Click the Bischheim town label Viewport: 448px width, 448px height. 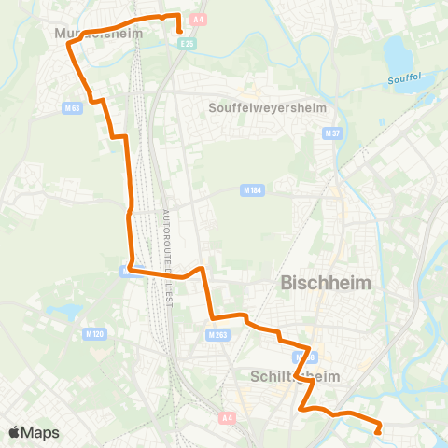click(x=326, y=282)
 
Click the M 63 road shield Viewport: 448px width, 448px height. click(x=73, y=108)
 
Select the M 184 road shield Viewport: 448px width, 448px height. click(x=250, y=191)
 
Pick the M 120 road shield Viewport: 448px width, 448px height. click(x=94, y=332)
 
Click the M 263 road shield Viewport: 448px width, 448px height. click(x=218, y=334)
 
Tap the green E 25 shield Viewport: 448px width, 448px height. click(x=188, y=43)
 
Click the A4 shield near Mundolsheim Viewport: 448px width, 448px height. click(x=197, y=19)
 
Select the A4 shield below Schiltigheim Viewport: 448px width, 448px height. click(x=228, y=418)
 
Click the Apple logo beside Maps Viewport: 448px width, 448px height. click(x=15, y=432)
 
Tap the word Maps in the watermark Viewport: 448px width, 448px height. click(x=40, y=432)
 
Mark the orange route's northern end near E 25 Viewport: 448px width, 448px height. click(x=178, y=31)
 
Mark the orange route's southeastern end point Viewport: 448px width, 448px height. click(x=378, y=431)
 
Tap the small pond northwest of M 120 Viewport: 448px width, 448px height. click(x=63, y=312)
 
